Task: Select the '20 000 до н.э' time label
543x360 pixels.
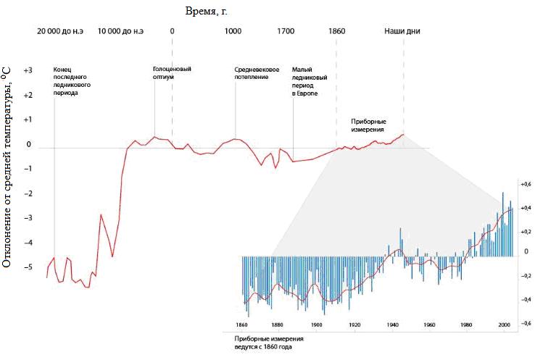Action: click(62, 31)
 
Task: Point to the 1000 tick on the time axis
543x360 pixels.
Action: click(233, 31)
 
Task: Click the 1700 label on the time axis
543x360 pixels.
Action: click(286, 31)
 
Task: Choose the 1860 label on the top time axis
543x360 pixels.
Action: click(336, 31)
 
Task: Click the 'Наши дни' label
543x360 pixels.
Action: click(402, 31)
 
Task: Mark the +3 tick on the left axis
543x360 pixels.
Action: click(28, 72)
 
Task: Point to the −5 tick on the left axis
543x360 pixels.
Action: click(28, 267)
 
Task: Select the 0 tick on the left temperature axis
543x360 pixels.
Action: click(29, 145)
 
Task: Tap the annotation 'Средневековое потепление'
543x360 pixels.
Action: click(257, 73)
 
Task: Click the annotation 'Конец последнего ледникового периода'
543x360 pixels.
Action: click(72, 82)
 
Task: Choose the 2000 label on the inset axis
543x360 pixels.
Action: click(505, 325)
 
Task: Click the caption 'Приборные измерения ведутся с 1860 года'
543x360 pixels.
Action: click(269, 343)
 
